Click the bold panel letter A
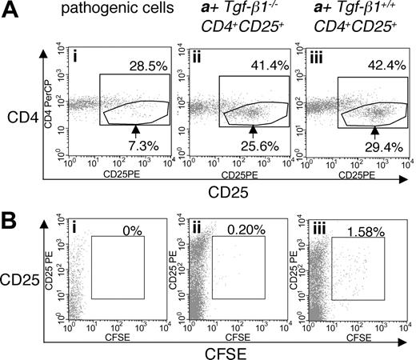(11, 10)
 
